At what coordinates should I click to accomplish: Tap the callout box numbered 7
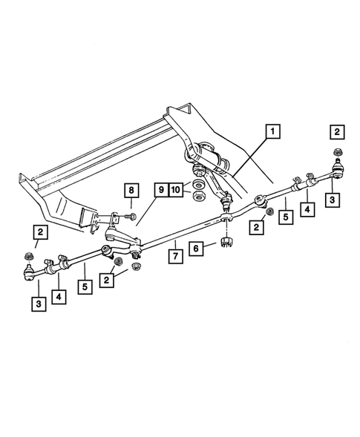[x=174, y=257]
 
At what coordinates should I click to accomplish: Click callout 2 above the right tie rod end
[x=337, y=132]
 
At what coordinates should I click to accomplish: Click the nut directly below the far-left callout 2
[x=29, y=257]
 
